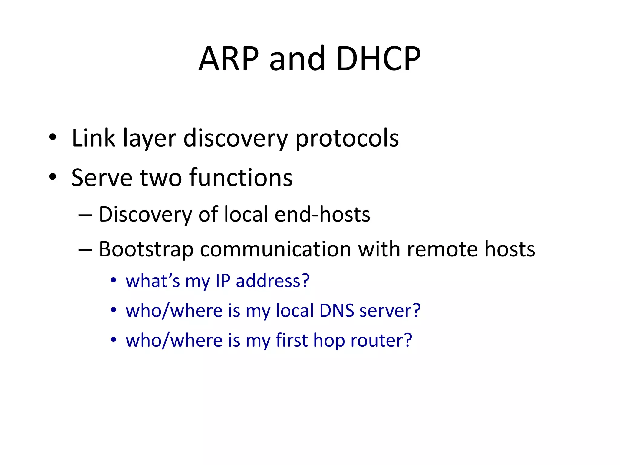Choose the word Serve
[x=102, y=178]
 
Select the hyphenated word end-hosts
[x=322, y=214]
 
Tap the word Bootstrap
[x=146, y=250]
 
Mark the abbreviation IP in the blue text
[x=223, y=281]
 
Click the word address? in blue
[x=273, y=281]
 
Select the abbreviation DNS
[x=337, y=311]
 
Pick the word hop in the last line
[x=329, y=341]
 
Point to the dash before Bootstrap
[x=85, y=250]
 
